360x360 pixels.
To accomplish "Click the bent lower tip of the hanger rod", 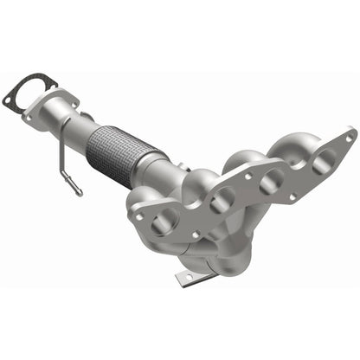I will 78,192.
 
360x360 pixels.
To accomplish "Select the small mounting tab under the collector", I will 183,277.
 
